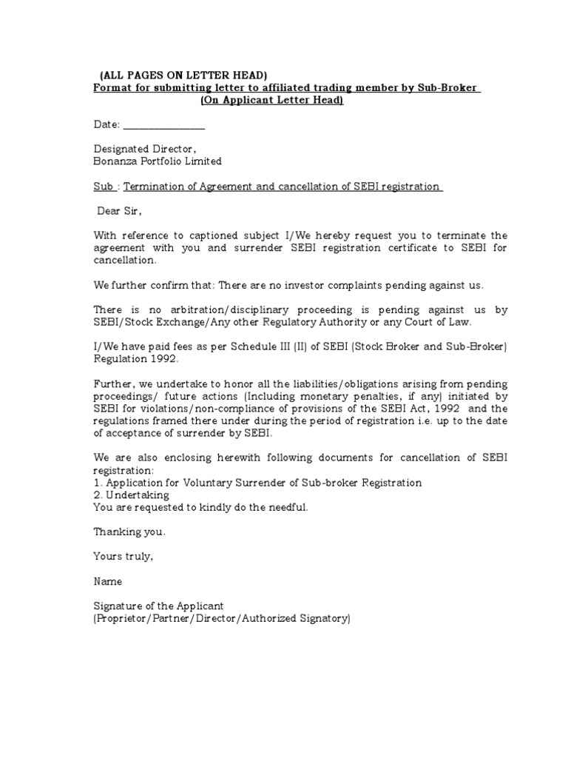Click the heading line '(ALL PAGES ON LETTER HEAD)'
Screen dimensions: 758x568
click(183, 76)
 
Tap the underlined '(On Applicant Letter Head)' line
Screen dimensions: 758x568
click(271, 101)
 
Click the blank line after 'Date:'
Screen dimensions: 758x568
click(163, 126)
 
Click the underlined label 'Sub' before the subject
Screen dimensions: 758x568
click(104, 187)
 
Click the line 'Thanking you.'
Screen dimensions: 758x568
click(129, 531)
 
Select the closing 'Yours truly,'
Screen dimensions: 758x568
click(124, 556)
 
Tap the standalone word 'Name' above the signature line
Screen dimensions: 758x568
click(108, 581)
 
